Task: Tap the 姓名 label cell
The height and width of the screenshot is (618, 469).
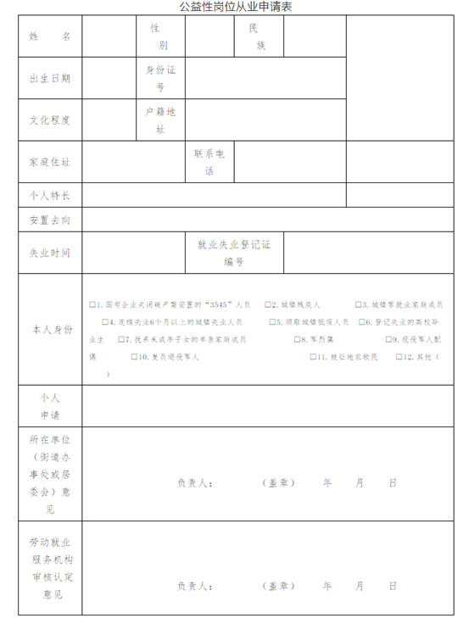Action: point(50,37)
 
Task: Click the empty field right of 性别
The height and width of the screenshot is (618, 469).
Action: point(209,37)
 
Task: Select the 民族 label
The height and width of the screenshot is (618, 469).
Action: point(259,37)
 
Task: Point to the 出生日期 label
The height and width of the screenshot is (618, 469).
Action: point(50,79)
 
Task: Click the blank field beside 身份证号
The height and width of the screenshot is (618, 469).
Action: point(265,79)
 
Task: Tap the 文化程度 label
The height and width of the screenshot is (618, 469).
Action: point(50,120)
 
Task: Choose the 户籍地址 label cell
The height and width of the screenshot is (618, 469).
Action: point(160,120)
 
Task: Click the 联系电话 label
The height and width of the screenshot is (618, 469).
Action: point(209,162)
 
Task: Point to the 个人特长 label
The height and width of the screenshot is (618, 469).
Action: point(50,196)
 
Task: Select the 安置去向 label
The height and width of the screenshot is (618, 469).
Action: point(50,220)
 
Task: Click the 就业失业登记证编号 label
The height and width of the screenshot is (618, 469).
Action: point(234,253)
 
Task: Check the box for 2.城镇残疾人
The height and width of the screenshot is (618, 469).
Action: point(267,304)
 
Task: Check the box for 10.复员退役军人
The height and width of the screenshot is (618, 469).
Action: point(133,357)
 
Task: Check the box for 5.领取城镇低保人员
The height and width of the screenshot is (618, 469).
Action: point(272,322)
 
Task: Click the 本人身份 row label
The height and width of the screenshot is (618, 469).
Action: point(50,330)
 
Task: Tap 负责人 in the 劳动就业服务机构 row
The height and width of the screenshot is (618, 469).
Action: point(194,586)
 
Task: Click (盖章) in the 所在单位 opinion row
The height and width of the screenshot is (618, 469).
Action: point(279,483)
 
